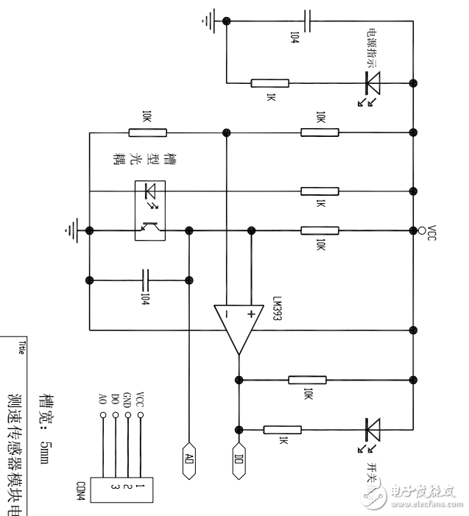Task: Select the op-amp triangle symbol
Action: tap(239, 328)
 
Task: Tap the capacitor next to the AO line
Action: tap(145, 280)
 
